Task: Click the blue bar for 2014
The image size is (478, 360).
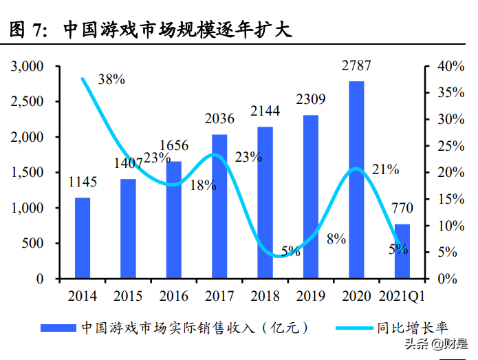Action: click(83, 237)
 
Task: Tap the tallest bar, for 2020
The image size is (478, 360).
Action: click(356, 180)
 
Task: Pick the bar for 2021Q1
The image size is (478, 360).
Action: click(402, 251)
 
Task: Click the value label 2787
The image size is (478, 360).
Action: click(356, 66)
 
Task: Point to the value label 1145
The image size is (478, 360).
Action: click(83, 182)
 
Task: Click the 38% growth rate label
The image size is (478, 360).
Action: click(111, 79)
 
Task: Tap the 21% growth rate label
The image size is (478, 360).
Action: click(384, 169)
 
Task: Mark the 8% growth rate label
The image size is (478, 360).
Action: click(336, 239)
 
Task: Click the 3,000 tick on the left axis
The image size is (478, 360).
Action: click(27, 67)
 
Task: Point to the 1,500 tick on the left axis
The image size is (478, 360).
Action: click(27, 173)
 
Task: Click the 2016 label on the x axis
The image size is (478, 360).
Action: click(173, 296)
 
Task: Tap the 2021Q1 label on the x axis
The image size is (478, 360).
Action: click(402, 296)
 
